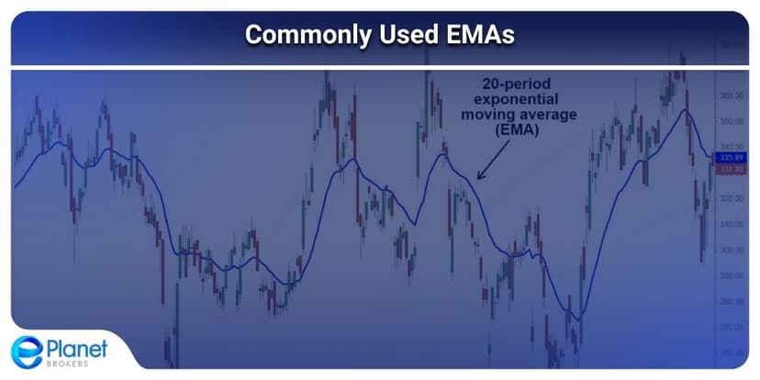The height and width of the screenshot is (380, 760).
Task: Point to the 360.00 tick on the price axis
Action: click(x=732, y=95)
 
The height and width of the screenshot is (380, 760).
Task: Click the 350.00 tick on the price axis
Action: click(x=732, y=121)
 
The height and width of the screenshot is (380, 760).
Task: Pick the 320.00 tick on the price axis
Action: click(x=732, y=198)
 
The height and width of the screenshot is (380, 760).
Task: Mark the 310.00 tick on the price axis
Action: click(x=732, y=224)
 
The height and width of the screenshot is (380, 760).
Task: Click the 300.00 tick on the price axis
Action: click(x=732, y=275)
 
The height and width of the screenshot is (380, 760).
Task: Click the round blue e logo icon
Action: click(x=26, y=352)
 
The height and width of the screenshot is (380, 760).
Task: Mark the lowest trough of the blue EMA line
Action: click(x=576, y=319)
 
